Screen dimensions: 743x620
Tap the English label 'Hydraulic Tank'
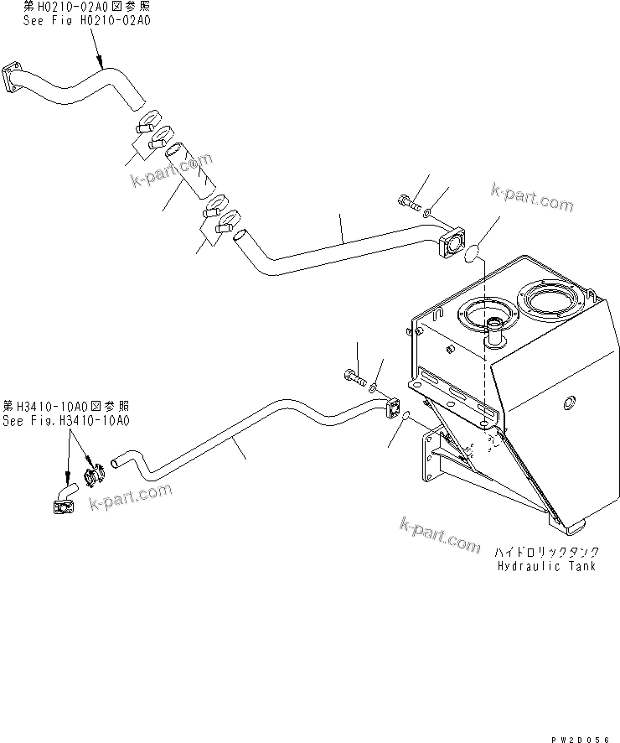[x=546, y=566]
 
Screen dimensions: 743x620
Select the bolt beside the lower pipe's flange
[x=354, y=378]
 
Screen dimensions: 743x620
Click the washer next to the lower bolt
[x=374, y=390]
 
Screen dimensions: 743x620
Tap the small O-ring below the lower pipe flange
[x=403, y=416]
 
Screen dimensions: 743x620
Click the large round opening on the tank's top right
[x=547, y=301]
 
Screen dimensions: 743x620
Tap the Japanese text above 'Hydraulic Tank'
[x=545, y=553]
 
